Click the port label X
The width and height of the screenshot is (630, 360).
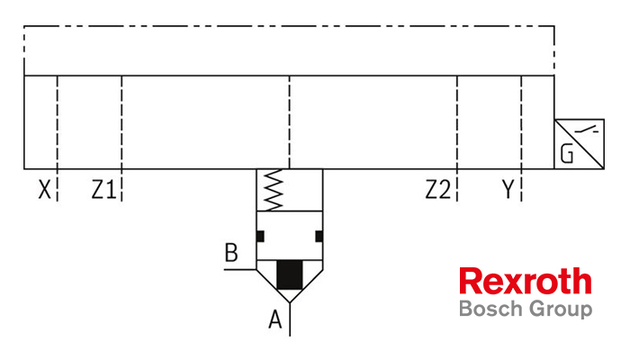45,189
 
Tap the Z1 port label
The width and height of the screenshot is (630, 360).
103,189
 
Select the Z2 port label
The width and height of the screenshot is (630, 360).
438,189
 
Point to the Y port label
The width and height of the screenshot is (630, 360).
508,189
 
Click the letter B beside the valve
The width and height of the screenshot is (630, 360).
231,252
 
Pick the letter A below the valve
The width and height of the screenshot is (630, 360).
275,319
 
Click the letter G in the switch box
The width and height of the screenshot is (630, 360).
566,154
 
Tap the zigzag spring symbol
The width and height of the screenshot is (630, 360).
274,190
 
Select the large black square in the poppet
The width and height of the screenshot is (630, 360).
290,274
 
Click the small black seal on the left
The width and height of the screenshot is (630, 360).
260,236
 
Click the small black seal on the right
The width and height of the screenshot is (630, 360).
319,236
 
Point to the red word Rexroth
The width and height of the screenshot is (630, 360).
526,281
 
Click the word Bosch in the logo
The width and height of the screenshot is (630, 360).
491,309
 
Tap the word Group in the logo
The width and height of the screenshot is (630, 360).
561,310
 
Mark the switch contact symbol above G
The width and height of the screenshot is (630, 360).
587,130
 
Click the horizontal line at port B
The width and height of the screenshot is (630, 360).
240,269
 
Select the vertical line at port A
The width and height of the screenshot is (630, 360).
290,319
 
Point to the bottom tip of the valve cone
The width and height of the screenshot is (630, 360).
290,302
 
